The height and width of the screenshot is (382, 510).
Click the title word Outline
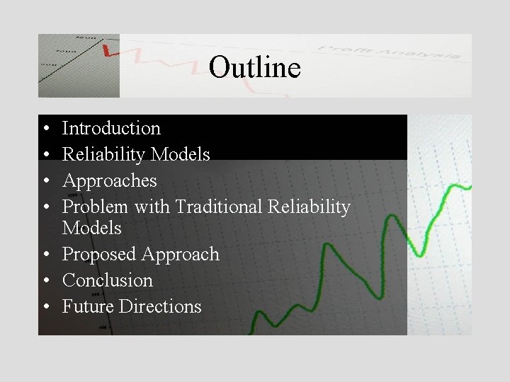coord(255,68)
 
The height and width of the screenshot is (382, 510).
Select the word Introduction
coord(111,129)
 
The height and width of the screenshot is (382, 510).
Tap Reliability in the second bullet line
coord(104,154)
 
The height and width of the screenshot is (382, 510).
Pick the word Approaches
coord(110,180)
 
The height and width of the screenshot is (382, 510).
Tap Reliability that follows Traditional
coord(310,207)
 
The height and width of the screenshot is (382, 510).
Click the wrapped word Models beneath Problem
coord(92,228)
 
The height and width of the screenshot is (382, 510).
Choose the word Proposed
coord(99,255)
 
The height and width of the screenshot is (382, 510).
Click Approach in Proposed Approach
coord(181,255)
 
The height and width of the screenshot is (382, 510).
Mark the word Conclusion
coord(108,281)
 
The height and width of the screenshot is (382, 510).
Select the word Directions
coord(160,307)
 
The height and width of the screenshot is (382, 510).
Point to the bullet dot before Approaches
coord(45,181)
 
